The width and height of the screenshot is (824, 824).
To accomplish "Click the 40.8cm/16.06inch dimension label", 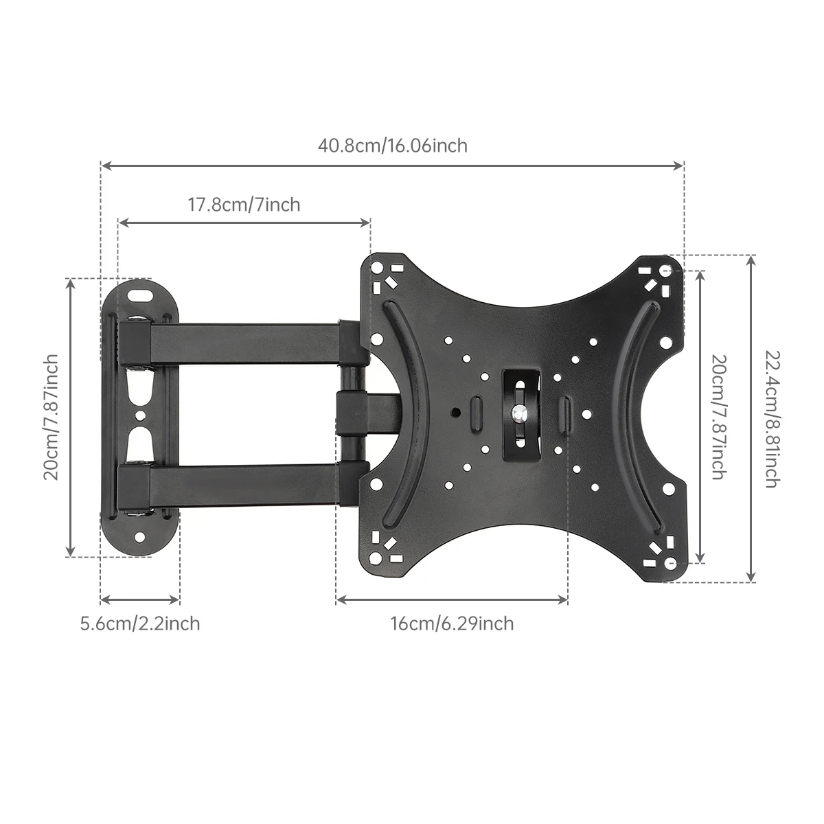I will [392, 146].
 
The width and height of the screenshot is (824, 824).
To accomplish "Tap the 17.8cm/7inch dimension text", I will [244, 205].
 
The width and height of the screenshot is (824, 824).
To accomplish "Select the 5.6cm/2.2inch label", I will [140, 623].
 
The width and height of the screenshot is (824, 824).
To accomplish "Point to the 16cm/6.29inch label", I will [452, 623].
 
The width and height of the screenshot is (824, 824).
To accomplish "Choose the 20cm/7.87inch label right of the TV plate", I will [718, 417].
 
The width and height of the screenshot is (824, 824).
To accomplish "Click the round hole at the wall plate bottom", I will [140, 537].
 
